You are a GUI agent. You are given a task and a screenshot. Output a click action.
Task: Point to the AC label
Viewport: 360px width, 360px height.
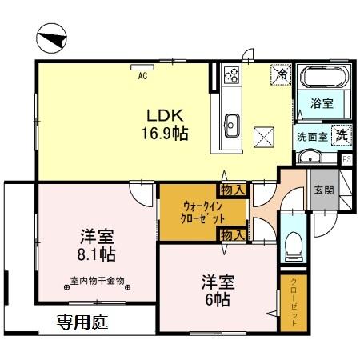(142, 77)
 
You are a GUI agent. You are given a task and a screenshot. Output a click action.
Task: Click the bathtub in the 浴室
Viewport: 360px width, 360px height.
(323, 79)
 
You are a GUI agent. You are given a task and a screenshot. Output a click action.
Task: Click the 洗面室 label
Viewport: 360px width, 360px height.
(310, 137)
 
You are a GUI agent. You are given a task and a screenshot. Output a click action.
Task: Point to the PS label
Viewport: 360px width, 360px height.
(346, 159)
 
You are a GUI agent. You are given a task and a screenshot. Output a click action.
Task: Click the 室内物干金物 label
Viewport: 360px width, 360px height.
(98, 281)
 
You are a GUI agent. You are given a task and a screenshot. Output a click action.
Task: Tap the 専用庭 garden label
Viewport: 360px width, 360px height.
(82, 323)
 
